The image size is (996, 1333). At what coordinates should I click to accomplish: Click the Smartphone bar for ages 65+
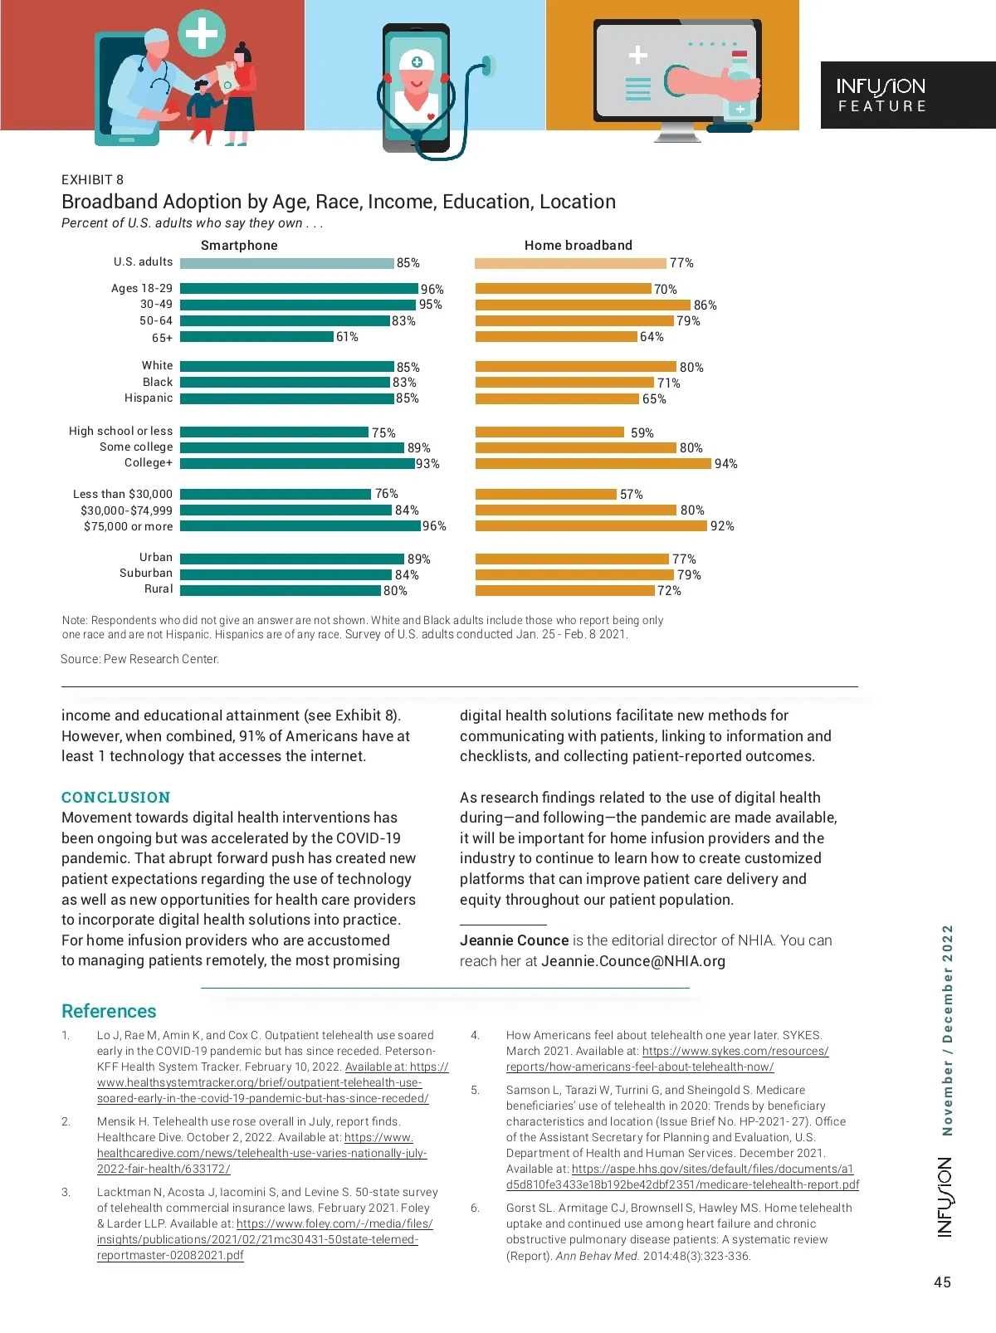coord(256,337)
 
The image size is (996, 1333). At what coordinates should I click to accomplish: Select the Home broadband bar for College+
coord(593,463)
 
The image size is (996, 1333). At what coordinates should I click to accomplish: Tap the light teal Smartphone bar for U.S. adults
coord(286,263)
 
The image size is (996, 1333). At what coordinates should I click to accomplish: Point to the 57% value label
coord(631,495)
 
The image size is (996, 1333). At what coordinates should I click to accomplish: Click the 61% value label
coord(347,337)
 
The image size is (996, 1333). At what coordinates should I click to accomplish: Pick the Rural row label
coord(159,589)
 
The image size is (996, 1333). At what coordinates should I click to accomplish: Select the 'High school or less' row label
coord(121,432)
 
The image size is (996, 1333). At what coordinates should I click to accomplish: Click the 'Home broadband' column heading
coord(578,246)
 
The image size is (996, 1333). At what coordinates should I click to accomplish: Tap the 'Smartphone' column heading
coord(239,246)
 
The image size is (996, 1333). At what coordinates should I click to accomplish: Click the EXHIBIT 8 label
coord(92,180)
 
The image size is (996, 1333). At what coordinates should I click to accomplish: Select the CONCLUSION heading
coord(115,798)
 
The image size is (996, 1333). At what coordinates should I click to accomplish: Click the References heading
coord(109,1011)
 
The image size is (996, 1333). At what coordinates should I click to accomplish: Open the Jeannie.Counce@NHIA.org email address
coord(633,961)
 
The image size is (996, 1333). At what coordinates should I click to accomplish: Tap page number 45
coord(942,1282)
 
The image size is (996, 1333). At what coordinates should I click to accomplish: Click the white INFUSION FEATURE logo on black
coord(881,95)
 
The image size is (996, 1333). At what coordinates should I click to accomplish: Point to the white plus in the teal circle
coord(201,33)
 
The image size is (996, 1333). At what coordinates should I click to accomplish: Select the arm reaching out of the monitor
coord(710,82)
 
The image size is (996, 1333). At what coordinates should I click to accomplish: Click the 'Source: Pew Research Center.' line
coord(139,659)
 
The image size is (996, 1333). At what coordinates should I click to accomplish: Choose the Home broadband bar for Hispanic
coord(557,399)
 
